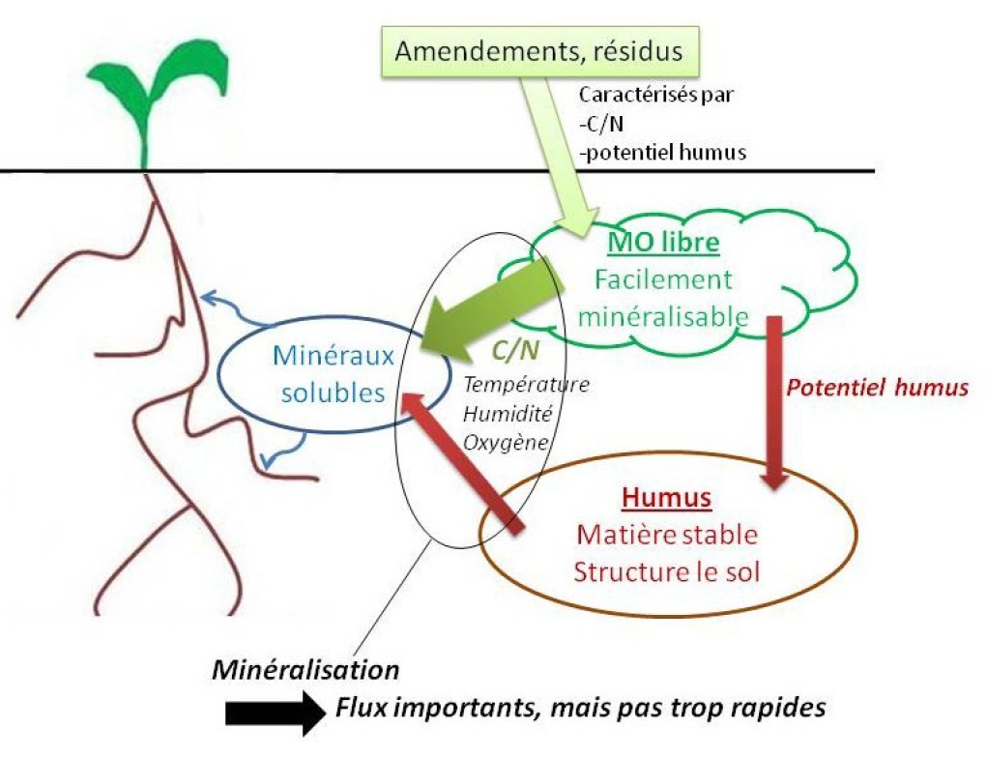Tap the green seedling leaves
pos(155,83)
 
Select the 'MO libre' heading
pos(662,242)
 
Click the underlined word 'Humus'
pos(667,498)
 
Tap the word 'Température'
pos(525,384)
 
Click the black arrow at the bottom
pos(275,713)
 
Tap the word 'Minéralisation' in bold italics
pos(305,668)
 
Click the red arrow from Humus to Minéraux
pos(464,459)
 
